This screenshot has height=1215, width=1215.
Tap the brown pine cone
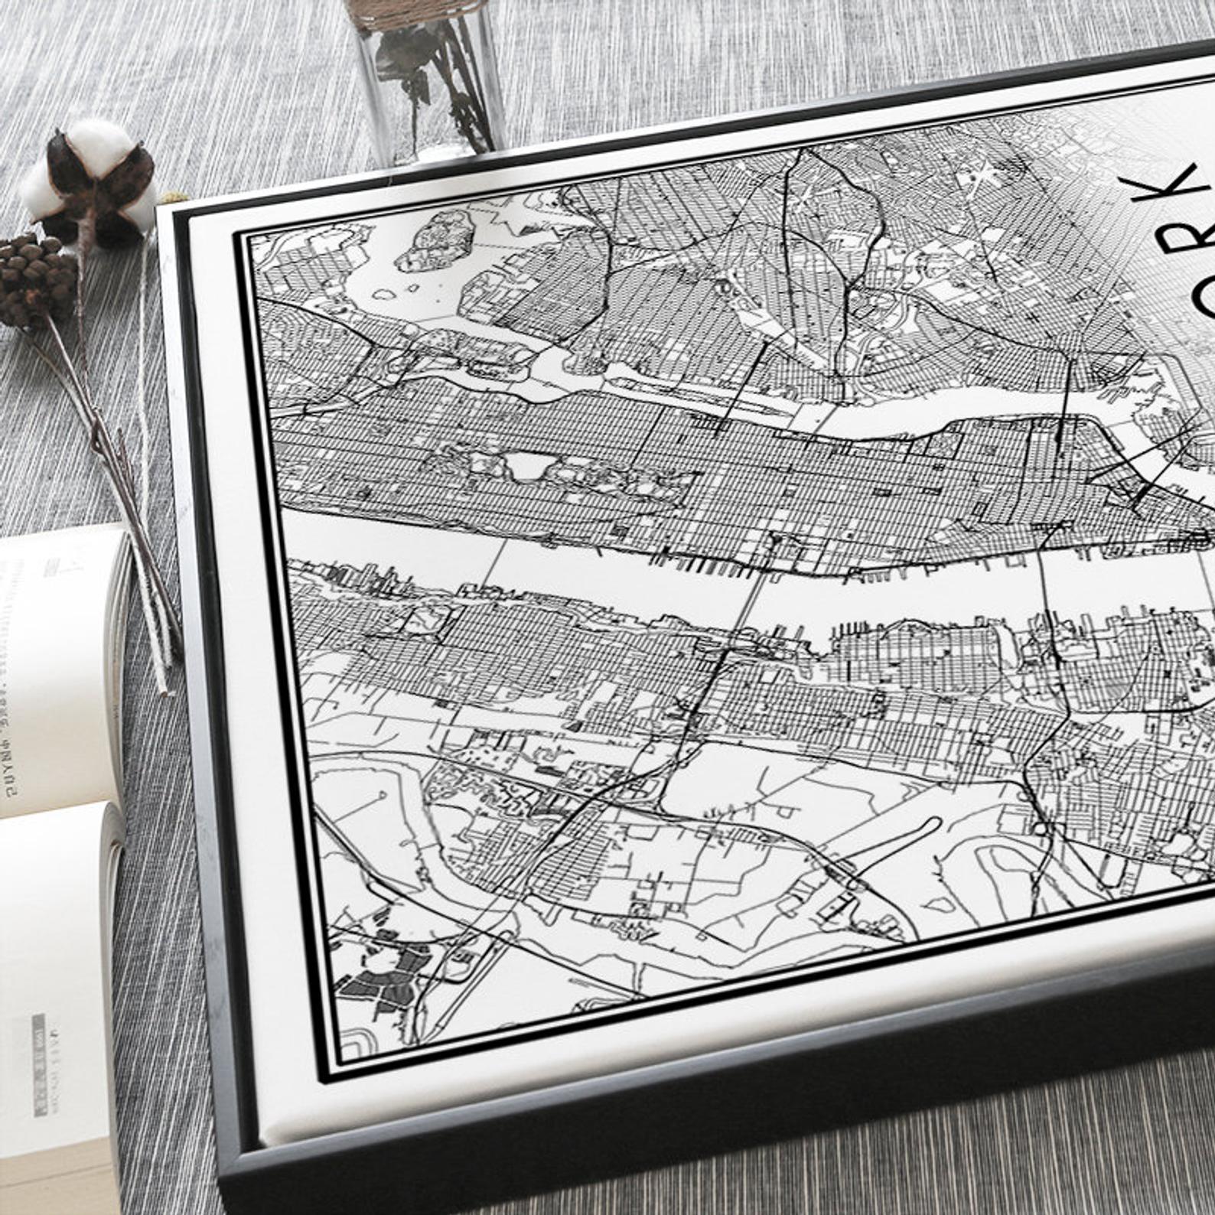[x=34, y=279]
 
